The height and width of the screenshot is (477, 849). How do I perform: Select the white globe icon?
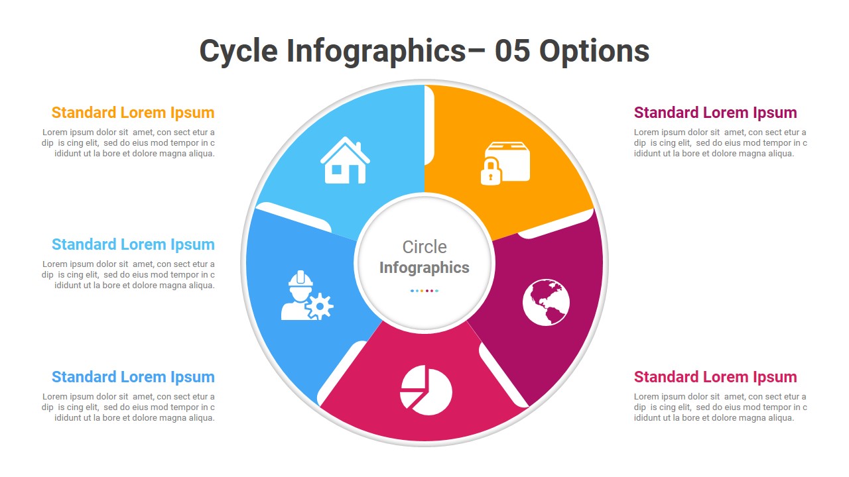pos(546,302)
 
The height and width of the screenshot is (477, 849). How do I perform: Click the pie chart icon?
pos(426,390)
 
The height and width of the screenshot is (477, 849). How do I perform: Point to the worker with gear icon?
pos(306,296)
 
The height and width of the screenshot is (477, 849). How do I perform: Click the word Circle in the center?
pos(424,247)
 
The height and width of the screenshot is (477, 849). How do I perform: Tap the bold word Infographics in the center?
pos(424,268)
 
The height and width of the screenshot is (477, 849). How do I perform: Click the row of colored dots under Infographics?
pos(424,291)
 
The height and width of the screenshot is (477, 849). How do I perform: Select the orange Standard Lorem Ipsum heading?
pos(133,113)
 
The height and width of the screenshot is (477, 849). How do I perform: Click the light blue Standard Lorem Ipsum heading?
pos(133,244)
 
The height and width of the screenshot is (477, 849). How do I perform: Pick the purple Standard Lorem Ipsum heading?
pos(715,113)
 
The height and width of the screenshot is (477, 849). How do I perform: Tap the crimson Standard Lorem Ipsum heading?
pos(715,377)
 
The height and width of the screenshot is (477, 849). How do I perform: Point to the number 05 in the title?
pos(512,52)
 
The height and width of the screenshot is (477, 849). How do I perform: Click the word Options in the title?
pos(594,52)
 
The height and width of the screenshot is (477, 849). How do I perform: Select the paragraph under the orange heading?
pos(129,143)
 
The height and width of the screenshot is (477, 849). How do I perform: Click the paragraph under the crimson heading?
pos(720,407)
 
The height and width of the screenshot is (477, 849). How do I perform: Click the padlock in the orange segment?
pos(490,172)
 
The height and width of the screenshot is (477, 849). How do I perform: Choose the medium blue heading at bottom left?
pos(133,377)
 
